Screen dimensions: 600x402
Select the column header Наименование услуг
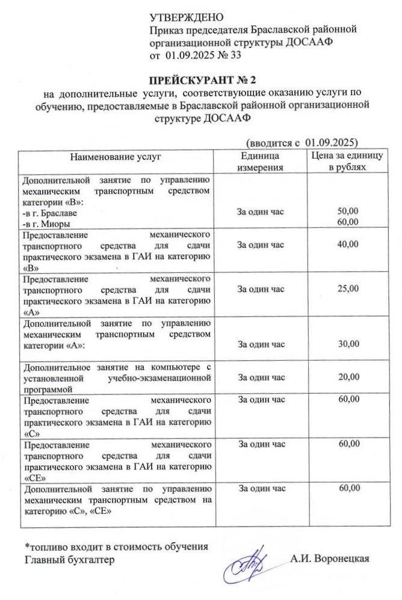116,157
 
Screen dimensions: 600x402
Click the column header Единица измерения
261,161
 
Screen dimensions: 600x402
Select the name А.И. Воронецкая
329,558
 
